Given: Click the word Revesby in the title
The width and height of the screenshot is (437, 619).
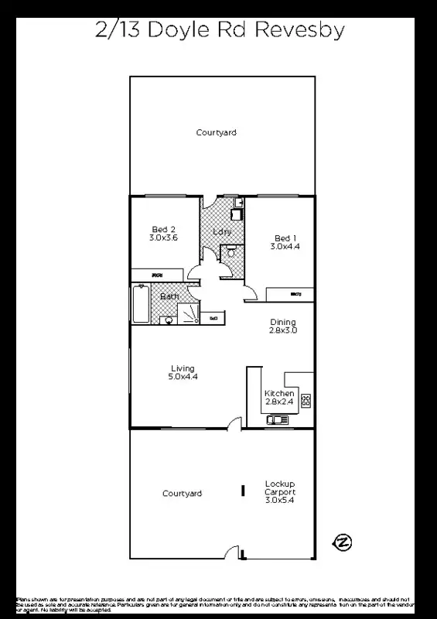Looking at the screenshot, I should click(299, 30).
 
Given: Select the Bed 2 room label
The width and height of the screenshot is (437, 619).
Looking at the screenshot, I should click(163, 234).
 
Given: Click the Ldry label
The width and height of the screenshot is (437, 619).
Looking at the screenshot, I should click(223, 231).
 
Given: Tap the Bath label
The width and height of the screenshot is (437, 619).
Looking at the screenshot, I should click(169, 296).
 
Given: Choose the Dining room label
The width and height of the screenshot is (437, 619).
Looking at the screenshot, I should click(283, 327).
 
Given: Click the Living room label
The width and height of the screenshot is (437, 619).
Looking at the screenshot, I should click(183, 373).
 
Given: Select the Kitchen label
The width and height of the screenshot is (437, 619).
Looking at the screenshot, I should click(278, 398).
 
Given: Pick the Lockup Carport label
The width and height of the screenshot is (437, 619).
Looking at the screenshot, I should click(279, 492).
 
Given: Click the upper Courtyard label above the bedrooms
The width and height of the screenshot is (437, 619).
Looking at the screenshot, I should click(216, 133).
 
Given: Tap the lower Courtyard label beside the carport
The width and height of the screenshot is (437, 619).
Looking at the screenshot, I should click(182, 494).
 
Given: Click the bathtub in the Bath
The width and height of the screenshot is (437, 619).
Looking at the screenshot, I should click(140, 305).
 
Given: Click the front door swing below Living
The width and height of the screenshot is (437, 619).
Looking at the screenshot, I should click(233, 422).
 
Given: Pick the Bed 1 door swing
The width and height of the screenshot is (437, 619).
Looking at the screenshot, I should click(251, 292).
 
